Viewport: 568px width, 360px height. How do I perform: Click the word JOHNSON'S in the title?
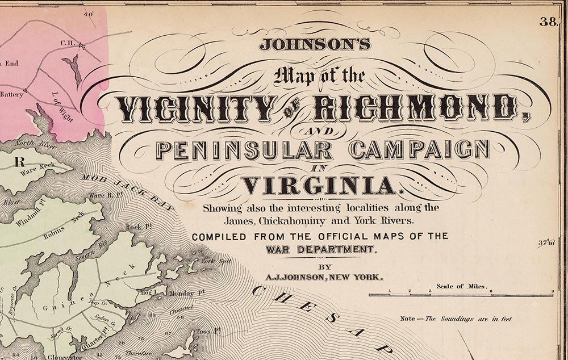pyautogui.click(x=315, y=44)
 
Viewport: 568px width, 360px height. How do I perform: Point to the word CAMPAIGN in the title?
pyautogui.click(x=419, y=150)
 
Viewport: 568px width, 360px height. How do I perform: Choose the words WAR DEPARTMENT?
pyautogui.click(x=320, y=249)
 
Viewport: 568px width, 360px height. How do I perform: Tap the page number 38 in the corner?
pyautogui.click(x=548, y=22)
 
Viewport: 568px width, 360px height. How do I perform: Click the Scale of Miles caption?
pyautogui.click(x=462, y=286)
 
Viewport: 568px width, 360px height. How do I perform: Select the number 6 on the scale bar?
pyautogui.click(x=491, y=291)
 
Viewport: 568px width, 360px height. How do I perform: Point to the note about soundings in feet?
pyautogui.click(x=456, y=319)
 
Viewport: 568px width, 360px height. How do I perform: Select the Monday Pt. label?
pyautogui.click(x=182, y=293)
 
